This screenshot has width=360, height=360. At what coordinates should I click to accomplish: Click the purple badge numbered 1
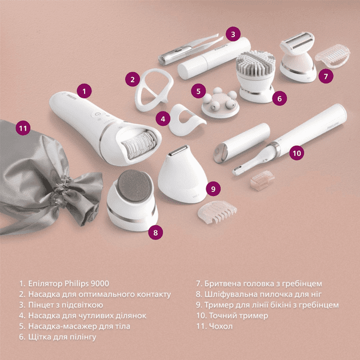[x=84, y=91]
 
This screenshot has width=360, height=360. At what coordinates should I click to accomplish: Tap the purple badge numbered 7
[x=326, y=76]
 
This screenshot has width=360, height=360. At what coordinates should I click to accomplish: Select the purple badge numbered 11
[x=23, y=128]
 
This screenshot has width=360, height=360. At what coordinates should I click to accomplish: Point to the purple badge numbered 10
[x=297, y=153]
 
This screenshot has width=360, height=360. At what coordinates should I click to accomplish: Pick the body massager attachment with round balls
[x=220, y=103]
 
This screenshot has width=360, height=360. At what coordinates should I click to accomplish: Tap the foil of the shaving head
[x=298, y=41]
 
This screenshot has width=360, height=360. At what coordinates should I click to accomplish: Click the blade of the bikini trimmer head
[x=178, y=150]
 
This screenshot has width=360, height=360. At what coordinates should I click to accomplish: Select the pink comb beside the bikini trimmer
[x=217, y=212]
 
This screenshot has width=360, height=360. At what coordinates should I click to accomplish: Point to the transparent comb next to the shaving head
[x=333, y=56]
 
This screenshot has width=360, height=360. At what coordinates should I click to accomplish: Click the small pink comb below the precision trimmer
[x=262, y=181]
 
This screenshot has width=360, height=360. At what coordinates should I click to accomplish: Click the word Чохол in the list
[x=221, y=326]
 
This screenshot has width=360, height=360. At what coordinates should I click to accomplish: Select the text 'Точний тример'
[x=238, y=315]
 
